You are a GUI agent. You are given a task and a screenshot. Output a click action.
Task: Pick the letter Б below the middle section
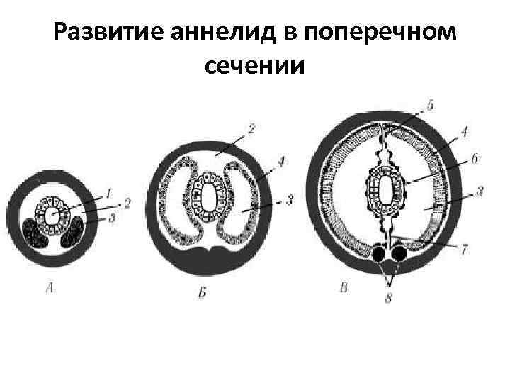pyautogui.click(x=203, y=292)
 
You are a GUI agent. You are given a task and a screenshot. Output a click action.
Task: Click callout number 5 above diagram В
pyautogui.click(x=431, y=104)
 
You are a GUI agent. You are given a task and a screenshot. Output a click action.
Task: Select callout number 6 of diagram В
pyautogui.click(x=474, y=160)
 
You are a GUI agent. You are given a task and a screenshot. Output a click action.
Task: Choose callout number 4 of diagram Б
pyautogui.click(x=282, y=162)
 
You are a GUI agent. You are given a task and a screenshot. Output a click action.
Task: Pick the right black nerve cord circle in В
pyautogui.click(x=399, y=253)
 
